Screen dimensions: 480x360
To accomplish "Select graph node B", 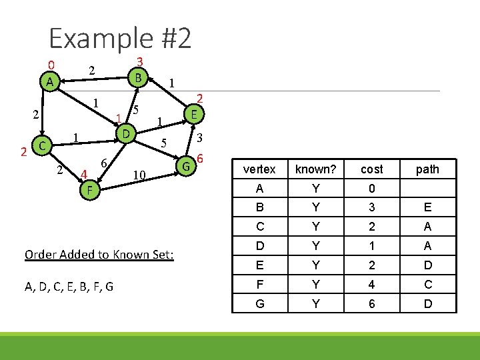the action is tap(137, 77).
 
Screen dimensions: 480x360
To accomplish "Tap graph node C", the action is tap(41, 145).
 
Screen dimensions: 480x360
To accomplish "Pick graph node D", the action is tap(124, 134).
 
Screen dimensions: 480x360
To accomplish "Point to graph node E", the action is tap(193, 114).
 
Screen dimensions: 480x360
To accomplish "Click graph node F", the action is tap(89, 191).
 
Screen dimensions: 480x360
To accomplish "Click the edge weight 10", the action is tap(139, 175).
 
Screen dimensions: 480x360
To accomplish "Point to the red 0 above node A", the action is tap(50, 65).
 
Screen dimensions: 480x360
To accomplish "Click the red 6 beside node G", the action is tap(199, 159).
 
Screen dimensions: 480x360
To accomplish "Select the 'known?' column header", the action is tap(316, 169).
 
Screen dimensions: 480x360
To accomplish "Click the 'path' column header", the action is tap(427, 169).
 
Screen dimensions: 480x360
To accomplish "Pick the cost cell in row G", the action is tap(371, 303).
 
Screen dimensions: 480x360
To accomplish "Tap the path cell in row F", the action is tap(427, 284).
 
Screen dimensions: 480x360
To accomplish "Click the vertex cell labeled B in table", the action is tap(259, 207).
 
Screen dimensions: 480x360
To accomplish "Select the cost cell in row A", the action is tap(371, 189).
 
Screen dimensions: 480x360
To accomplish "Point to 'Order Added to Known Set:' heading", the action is tap(99, 255).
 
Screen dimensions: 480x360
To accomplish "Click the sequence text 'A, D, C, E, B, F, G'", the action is tap(69, 287).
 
